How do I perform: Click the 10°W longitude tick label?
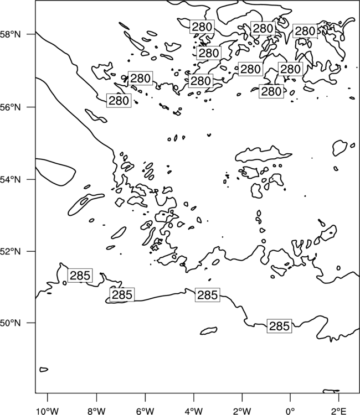(x=48, y=411)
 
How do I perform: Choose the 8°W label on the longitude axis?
(x=96, y=411)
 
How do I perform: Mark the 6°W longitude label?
(x=145, y=411)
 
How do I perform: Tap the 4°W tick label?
(x=193, y=411)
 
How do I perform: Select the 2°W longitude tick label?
(x=242, y=411)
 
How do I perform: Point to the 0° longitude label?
(x=290, y=411)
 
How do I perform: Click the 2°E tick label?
(x=338, y=411)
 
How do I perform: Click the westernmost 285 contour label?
(x=80, y=276)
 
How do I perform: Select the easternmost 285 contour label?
(x=279, y=326)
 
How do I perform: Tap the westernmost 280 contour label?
(x=119, y=100)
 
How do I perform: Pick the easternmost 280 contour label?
(x=305, y=30)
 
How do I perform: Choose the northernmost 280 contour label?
(x=202, y=27)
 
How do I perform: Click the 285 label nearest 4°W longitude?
(x=208, y=295)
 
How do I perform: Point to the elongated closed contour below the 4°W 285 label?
(x=208, y=330)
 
